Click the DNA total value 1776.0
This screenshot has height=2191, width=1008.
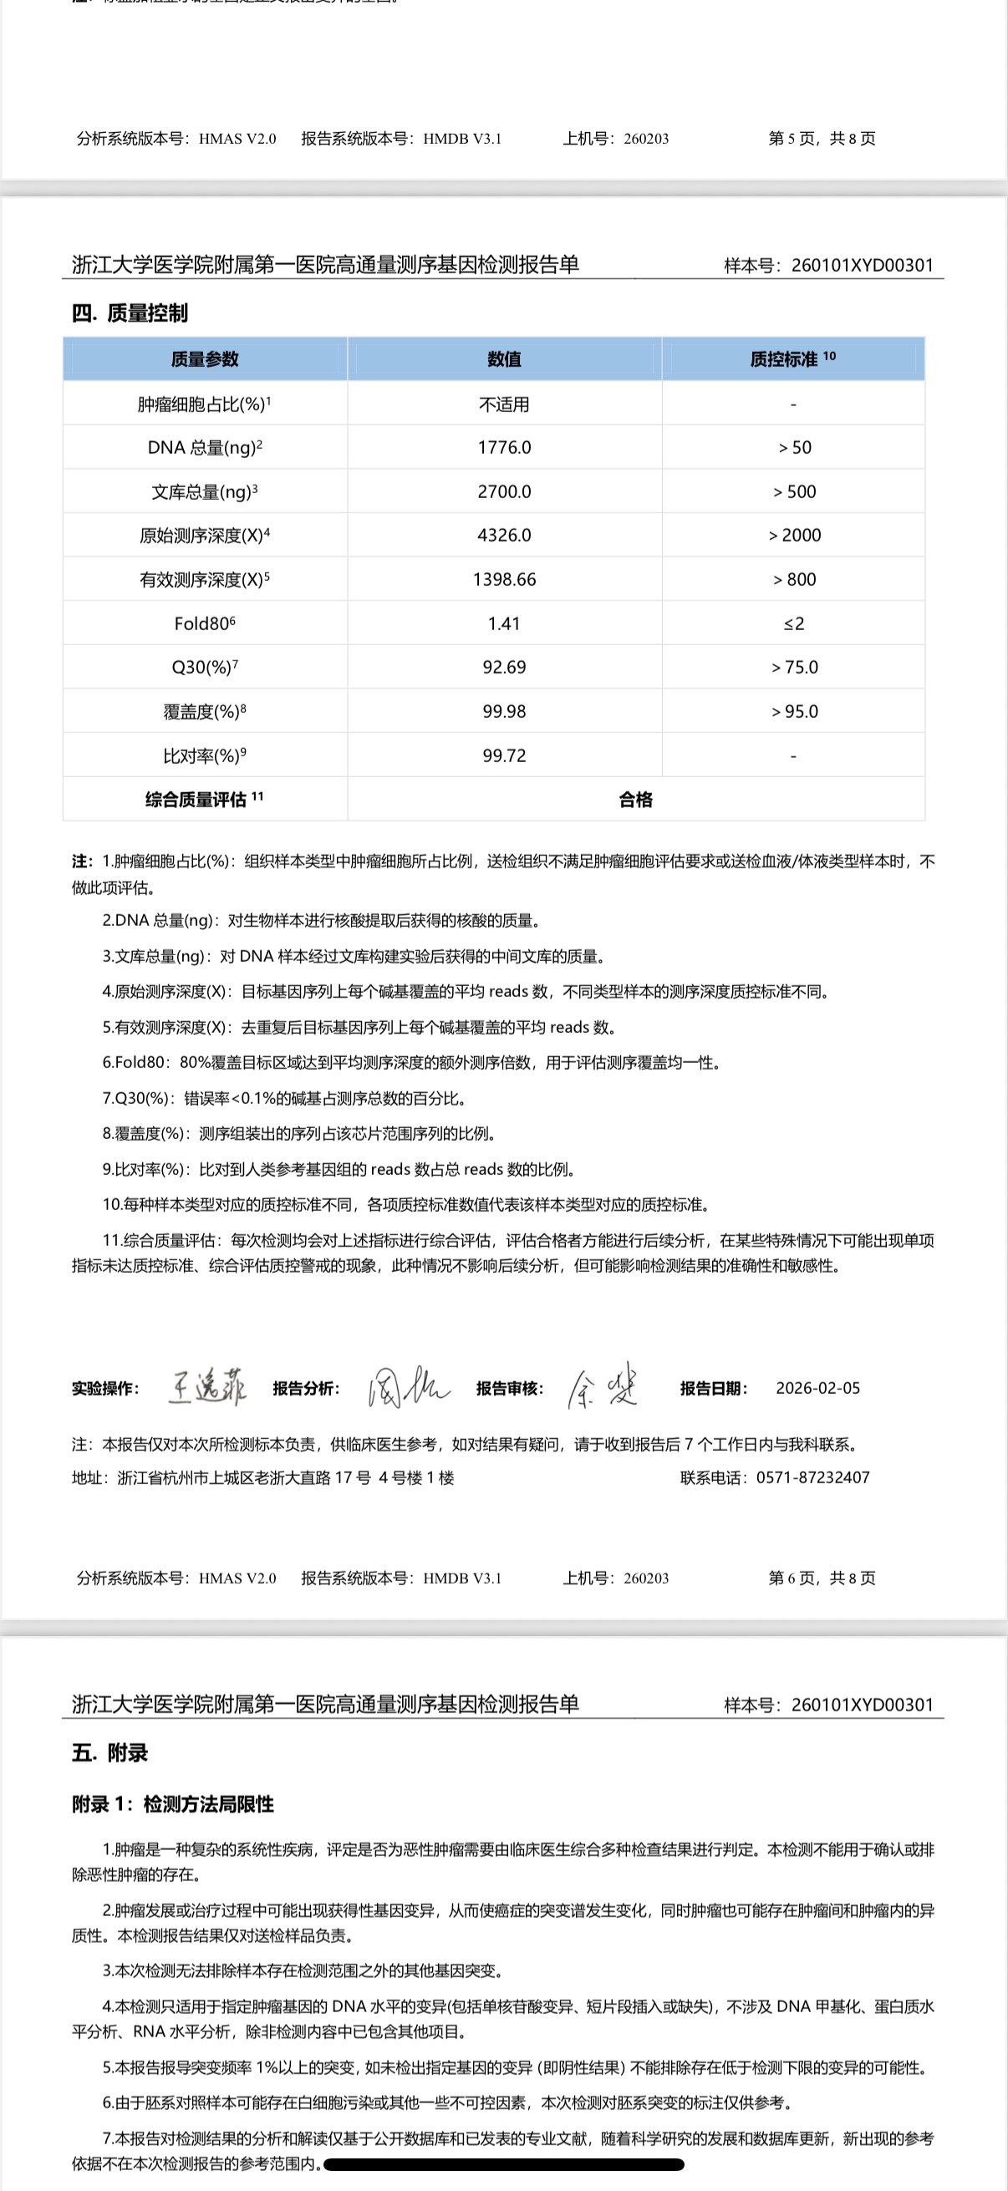pyautogui.click(x=505, y=447)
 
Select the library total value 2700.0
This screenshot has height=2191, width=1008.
pyautogui.click(x=505, y=491)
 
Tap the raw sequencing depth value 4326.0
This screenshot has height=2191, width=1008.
pyautogui.click(x=505, y=535)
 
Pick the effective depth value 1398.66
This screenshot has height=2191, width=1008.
pyautogui.click(x=505, y=579)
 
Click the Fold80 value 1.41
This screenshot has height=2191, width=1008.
pyautogui.click(x=505, y=623)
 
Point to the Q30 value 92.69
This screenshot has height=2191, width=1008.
pyautogui.click(x=505, y=667)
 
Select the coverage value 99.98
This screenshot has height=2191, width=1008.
pyautogui.click(x=505, y=711)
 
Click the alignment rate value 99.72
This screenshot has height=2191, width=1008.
pyautogui.click(x=505, y=755)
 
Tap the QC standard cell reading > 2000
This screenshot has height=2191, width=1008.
pyautogui.click(x=795, y=535)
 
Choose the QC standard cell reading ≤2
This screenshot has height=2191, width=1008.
pyautogui.click(x=794, y=623)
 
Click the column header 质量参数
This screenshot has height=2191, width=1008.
pyautogui.click(x=205, y=359)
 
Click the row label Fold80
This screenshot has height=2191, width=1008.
pyautogui.click(x=204, y=623)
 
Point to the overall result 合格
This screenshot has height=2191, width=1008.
pyautogui.click(x=635, y=800)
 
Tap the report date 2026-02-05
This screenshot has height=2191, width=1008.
pyautogui.click(x=817, y=1388)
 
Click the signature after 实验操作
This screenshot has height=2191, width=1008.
pyautogui.click(x=207, y=1387)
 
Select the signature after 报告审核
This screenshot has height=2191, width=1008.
pyautogui.click(x=603, y=1388)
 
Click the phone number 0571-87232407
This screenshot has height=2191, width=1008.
pyautogui.click(x=812, y=1477)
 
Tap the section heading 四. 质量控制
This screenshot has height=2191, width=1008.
pyautogui.click(x=130, y=313)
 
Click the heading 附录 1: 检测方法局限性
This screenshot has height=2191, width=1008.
pyautogui.click(x=173, y=1804)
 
